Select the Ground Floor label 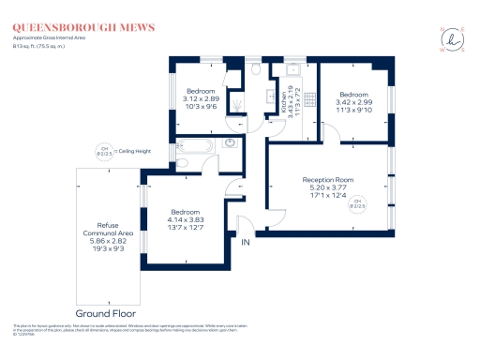click(x=105, y=312)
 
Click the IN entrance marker click(x=247, y=243)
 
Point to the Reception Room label click(x=327, y=179)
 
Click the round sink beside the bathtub click(x=231, y=143)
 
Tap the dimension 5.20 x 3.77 click(x=327, y=188)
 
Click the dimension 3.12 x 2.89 click(x=202, y=98)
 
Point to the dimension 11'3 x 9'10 click(x=353, y=112)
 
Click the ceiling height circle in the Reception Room click(x=357, y=204)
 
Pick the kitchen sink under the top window click(x=293, y=69)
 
